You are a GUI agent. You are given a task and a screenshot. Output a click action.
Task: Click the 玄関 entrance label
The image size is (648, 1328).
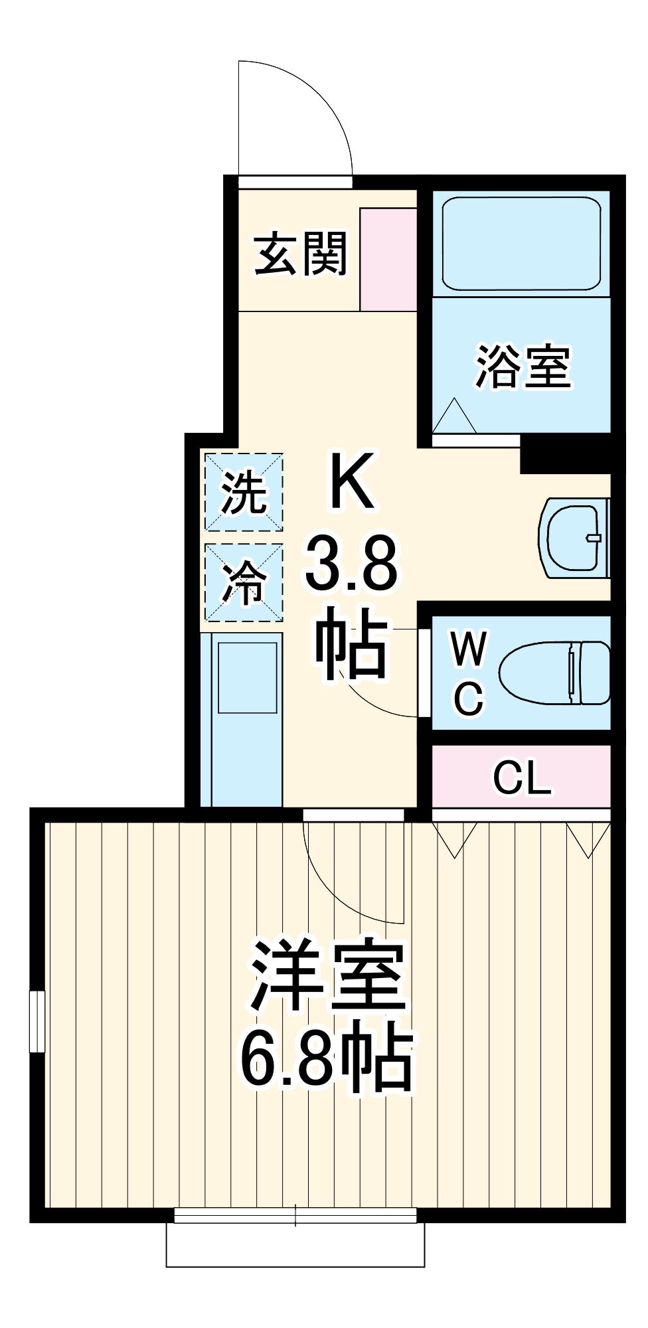301,254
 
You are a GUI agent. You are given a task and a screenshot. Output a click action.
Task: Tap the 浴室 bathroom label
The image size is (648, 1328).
523,367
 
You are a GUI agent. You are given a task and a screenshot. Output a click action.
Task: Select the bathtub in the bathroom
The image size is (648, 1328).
521,243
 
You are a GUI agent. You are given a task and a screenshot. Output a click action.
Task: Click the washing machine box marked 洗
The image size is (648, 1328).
244,492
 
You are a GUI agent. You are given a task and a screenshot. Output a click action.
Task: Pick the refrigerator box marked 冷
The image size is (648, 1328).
244,583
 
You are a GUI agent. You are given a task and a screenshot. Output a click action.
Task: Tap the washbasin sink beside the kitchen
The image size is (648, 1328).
575,538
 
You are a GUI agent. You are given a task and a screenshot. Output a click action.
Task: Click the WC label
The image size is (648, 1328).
469,672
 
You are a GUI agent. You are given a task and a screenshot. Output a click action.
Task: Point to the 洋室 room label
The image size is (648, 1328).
327,976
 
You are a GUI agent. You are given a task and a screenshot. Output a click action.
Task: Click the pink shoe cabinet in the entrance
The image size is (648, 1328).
388,259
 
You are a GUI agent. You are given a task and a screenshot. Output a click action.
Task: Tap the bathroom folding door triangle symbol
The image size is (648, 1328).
455,417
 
